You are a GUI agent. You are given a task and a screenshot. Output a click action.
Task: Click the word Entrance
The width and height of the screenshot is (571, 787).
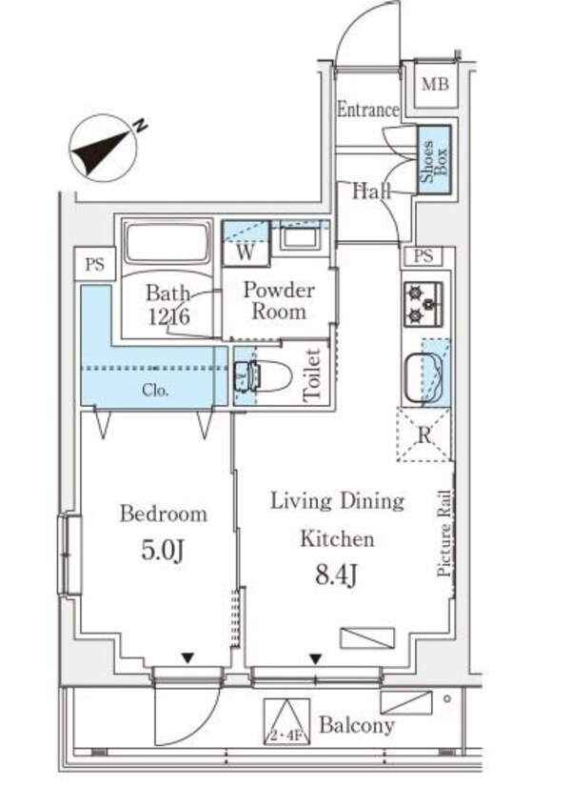367,110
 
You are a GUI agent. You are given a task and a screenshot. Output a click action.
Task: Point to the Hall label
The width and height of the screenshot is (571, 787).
372,191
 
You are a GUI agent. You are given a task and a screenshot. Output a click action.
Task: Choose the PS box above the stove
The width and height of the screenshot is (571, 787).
424,255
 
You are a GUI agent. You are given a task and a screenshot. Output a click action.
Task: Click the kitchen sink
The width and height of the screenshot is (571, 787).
424,376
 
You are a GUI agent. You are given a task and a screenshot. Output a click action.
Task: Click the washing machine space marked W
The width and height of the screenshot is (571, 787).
245,252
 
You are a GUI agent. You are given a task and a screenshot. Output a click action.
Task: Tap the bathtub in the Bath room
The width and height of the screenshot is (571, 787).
167,244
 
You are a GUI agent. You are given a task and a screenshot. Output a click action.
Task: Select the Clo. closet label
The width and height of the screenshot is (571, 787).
156,389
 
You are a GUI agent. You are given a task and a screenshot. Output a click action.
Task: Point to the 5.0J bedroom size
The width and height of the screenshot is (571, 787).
163,551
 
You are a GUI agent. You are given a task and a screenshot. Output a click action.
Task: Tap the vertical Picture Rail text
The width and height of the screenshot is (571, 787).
443,534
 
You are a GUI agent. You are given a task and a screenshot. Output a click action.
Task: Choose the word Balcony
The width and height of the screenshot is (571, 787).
356,726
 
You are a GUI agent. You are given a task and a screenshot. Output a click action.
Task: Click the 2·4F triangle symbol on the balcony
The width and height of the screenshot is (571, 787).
286,722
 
